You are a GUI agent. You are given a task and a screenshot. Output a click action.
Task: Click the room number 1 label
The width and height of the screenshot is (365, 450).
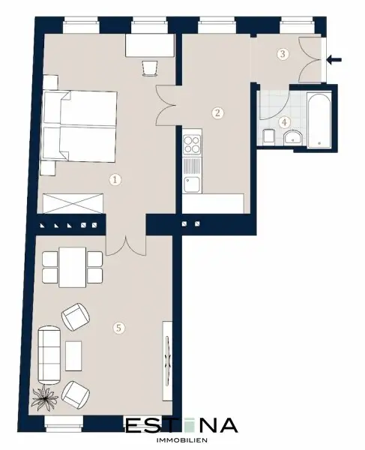(x=115, y=179)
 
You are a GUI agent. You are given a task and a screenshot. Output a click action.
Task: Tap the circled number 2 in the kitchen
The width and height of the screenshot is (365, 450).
(x=217, y=113)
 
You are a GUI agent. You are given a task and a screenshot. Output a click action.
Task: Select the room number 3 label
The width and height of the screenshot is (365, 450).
(x=283, y=54)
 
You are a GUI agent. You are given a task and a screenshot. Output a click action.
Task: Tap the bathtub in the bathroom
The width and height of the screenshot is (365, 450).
(x=317, y=119)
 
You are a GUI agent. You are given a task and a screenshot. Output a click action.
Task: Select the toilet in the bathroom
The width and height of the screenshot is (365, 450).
(x=268, y=136)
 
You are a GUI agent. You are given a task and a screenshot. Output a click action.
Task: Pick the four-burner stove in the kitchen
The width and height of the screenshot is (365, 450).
(x=193, y=142)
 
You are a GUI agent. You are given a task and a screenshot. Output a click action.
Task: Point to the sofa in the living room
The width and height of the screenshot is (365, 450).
(x=49, y=352)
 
